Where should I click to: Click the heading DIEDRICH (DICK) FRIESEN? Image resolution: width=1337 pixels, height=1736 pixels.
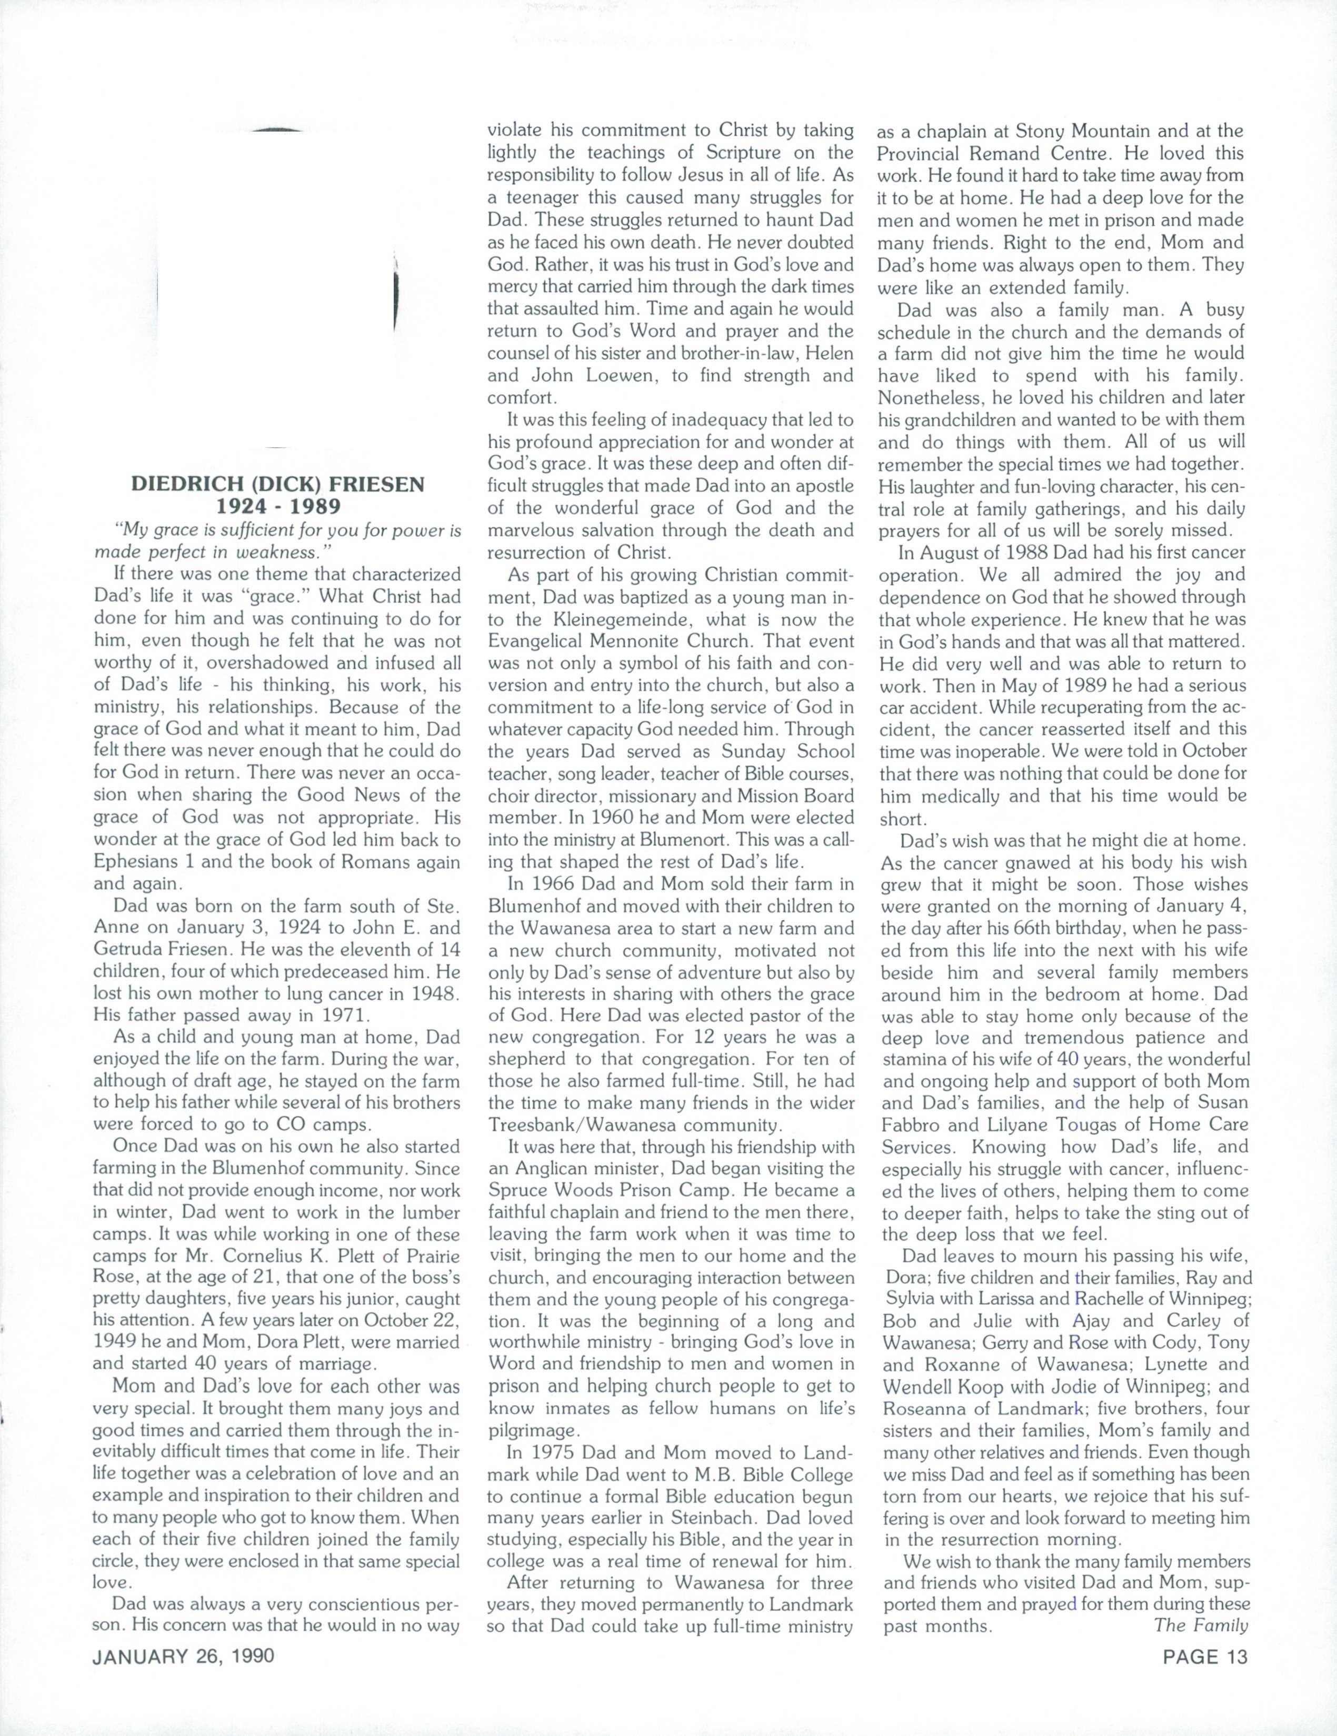pos(277,484)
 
